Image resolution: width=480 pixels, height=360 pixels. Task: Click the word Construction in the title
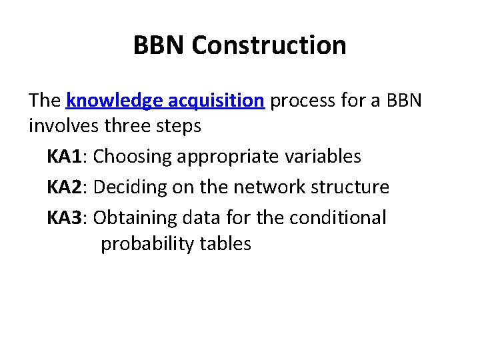click(x=269, y=45)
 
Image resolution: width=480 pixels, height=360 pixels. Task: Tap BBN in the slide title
click(x=159, y=45)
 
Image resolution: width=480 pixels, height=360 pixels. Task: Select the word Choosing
click(x=129, y=157)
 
